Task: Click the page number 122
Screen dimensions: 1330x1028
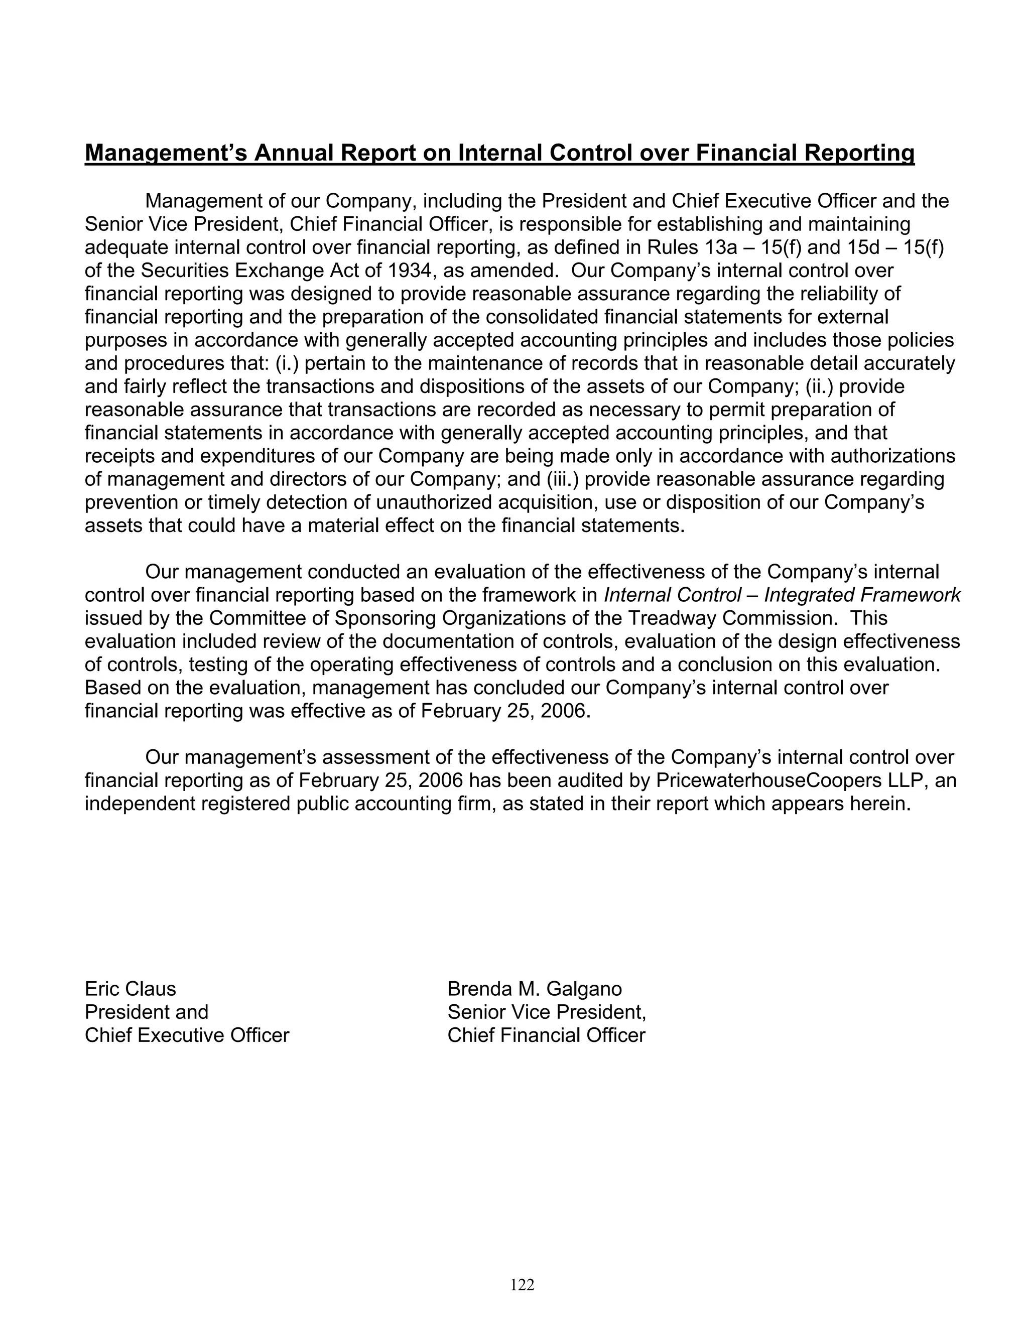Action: coord(522,1284)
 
